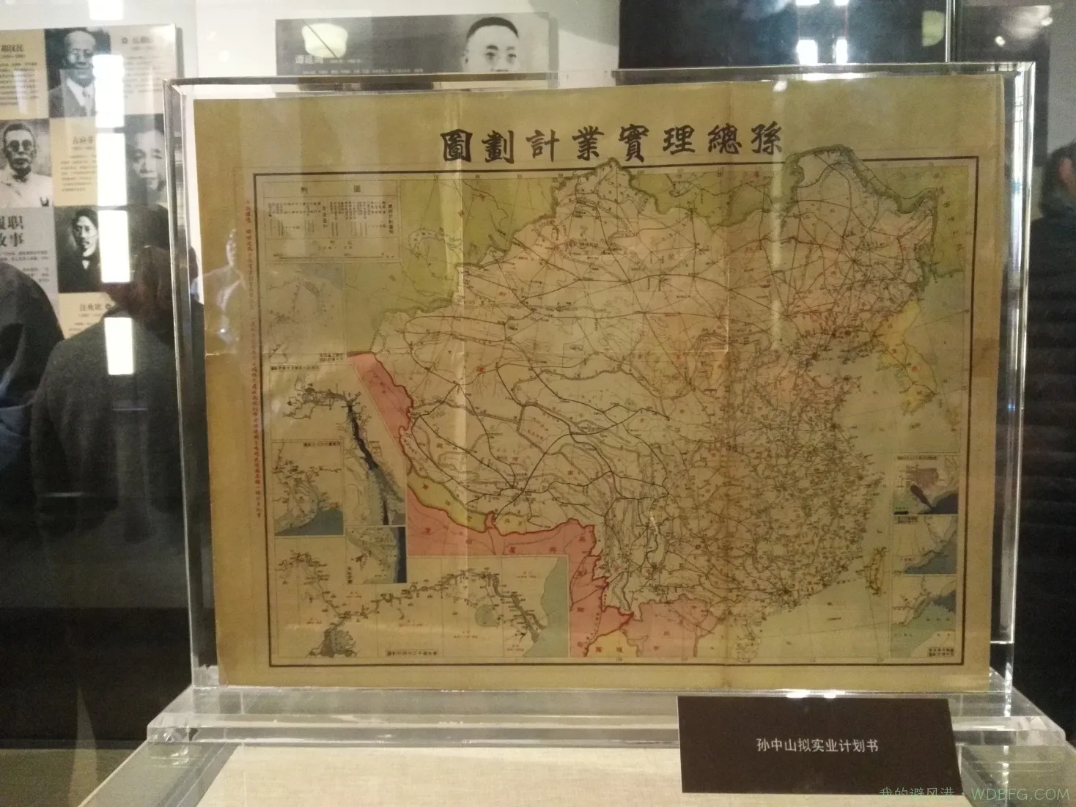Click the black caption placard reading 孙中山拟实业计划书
[817, 746]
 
